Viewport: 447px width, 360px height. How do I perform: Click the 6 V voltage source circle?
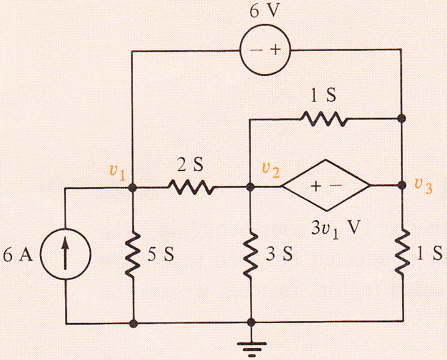pos(241,50)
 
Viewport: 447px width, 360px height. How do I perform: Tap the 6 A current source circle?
pos(41,254)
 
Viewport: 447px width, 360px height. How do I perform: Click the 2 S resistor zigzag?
pos(190,187)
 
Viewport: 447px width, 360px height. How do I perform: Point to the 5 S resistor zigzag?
pos(133,254)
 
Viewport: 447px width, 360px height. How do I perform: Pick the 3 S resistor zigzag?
pos(251,254)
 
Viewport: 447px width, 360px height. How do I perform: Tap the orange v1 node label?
pos(117,172)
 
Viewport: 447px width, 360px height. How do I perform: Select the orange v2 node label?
pos(270,170)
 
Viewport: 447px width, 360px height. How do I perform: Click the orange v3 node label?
pos(423,186)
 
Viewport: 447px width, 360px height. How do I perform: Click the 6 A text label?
pos(18,255)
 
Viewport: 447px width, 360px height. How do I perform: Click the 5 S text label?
pos(160,254)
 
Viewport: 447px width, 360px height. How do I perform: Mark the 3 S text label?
pos(279,254)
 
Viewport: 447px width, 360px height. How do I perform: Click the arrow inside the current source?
pos(65,254)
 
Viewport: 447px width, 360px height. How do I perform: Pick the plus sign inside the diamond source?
pos(316,186)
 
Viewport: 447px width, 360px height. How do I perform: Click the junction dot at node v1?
pos(133,187)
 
